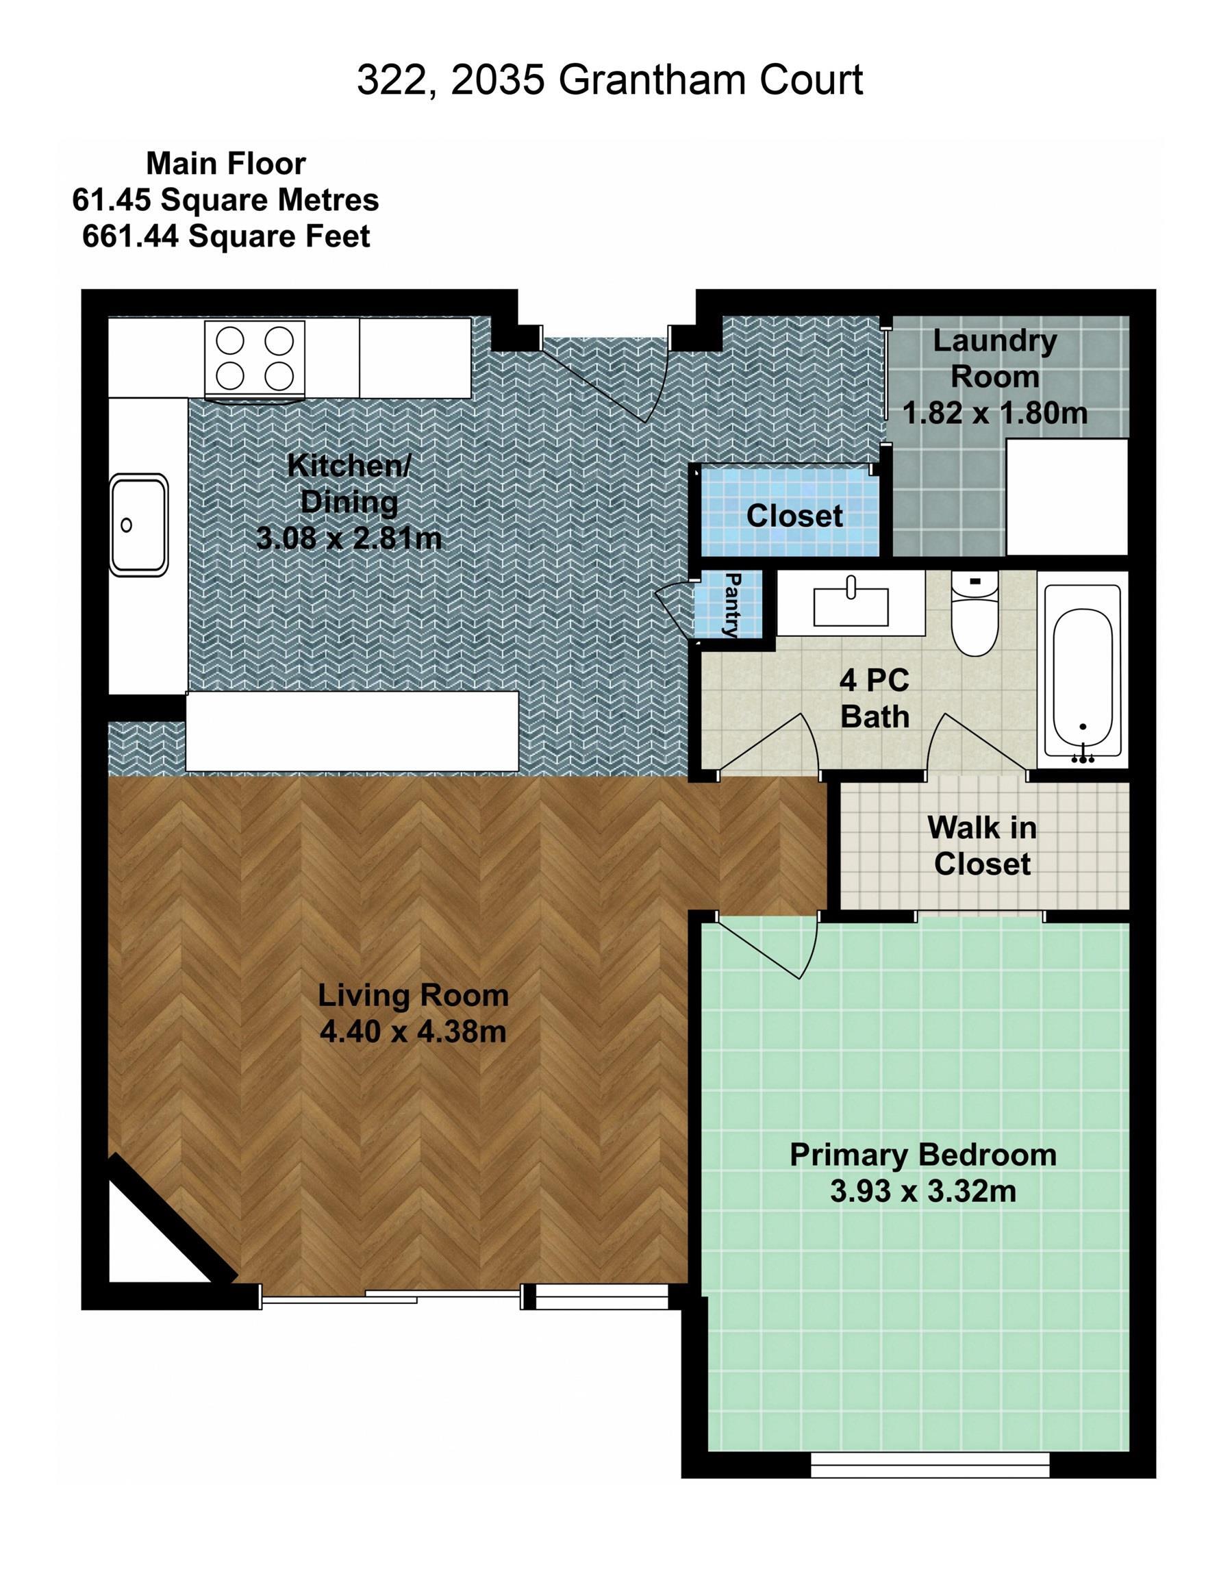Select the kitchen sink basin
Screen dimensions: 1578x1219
[x=138, y=525]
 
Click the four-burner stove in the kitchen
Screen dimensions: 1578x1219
[x=254, y=359]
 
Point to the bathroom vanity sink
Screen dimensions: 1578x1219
[x=851, y=605]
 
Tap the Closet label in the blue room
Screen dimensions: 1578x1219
[x=794, y=516]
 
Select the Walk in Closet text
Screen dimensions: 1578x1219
[x=981, y=846]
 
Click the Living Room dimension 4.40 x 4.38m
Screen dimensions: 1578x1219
[x=412, y=1031]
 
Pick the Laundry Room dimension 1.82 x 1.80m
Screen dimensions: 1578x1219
[x=994, y=413]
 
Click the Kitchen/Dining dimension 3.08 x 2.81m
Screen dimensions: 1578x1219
[x=349, y=538]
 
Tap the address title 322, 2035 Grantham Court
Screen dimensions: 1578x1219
[x=609, y=79]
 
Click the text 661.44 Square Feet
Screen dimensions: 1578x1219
[x=226, y=237]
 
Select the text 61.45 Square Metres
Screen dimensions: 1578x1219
[x=225, y=200]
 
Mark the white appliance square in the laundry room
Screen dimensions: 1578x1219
[x=1066, y=497]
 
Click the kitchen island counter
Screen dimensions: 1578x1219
[x=352, y=731]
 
